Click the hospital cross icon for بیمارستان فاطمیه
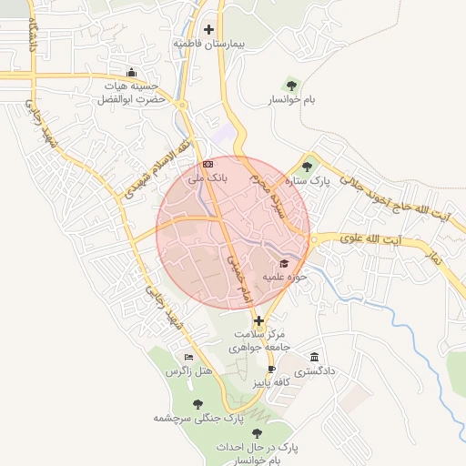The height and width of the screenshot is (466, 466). click(x=209, y=30)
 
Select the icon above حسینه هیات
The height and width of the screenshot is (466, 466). click(x=133, y=73)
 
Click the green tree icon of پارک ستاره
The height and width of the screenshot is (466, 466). click(x=308, y=167)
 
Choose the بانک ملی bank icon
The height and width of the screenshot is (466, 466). click(x=208, y=164)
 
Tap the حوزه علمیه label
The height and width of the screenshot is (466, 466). click(x=281, y=277)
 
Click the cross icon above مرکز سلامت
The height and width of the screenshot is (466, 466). click(x=260, y=321)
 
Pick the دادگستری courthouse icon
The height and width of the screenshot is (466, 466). click(x=315, y=357)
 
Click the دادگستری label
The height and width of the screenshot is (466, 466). click(x=320, y=371)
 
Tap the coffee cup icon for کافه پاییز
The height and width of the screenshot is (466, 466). click(x=270, y=369)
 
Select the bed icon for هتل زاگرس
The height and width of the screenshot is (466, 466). click(x=188, y=357)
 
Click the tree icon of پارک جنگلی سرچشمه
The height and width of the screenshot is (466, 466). click(x=198, y=404)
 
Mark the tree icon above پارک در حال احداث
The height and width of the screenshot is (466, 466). click(x=258, y=433)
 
